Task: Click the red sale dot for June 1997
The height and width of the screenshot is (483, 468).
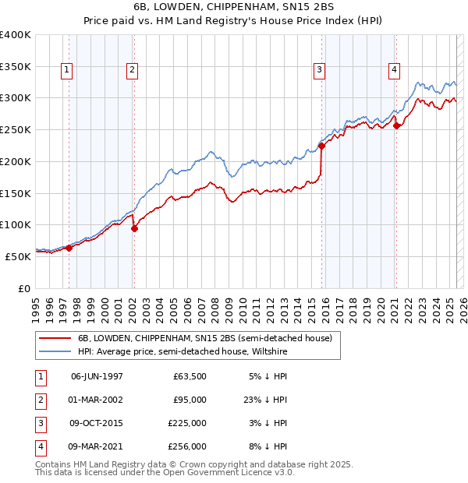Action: point(69,248)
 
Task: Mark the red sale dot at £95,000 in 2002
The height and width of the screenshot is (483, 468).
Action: point(134,228)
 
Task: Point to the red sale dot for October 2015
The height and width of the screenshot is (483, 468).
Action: point(321,145)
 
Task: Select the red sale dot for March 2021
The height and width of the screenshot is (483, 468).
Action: point(396,125)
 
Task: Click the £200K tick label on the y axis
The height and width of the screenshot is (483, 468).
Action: point(16,161)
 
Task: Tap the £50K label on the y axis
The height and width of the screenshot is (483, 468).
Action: point(19,256)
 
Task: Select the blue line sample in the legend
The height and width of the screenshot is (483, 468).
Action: point(55,351)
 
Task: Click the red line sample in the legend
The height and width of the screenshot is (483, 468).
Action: point(55,338)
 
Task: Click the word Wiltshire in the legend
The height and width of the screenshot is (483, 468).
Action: point(269,351)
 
